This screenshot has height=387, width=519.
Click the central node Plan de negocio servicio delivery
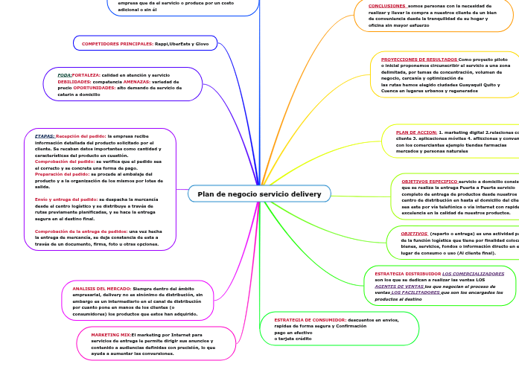259,194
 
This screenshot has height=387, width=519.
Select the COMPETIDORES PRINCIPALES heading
117,44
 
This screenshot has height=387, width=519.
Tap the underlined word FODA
65,75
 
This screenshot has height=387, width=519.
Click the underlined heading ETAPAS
45,136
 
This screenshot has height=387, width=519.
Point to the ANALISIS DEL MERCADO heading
101,288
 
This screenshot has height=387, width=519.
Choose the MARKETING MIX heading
111,335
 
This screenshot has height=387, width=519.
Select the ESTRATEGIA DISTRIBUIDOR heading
407,274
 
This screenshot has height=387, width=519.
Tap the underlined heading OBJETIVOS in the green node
414,234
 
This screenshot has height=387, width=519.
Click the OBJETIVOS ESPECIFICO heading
429,181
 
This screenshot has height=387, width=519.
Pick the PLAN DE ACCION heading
416,132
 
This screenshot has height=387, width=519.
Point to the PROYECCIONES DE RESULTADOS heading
419,59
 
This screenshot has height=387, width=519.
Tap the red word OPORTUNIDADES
94,87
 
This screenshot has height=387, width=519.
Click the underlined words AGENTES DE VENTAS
399,287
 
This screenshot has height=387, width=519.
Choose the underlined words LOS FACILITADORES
415,292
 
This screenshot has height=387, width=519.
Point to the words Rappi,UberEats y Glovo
182,44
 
